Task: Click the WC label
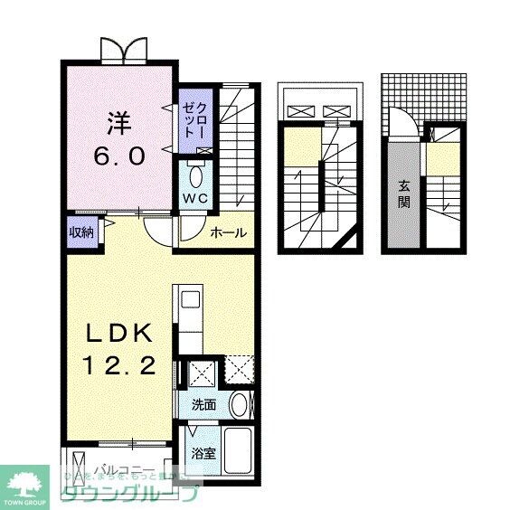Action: click(x=196, y=197)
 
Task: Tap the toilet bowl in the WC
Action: click(x=197, y=174)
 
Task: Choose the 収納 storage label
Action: click(x=81, y=232)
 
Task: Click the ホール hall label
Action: click(x=228, y=233)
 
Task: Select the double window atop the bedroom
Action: click(x=123, y=50)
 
